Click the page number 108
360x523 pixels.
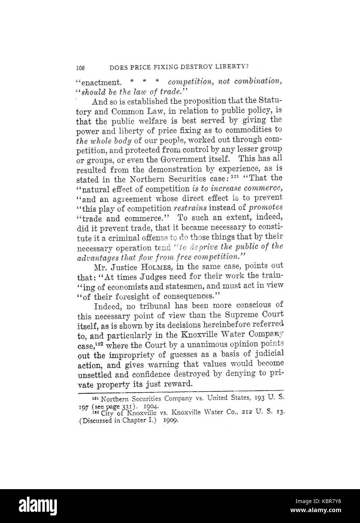point(81,68)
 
